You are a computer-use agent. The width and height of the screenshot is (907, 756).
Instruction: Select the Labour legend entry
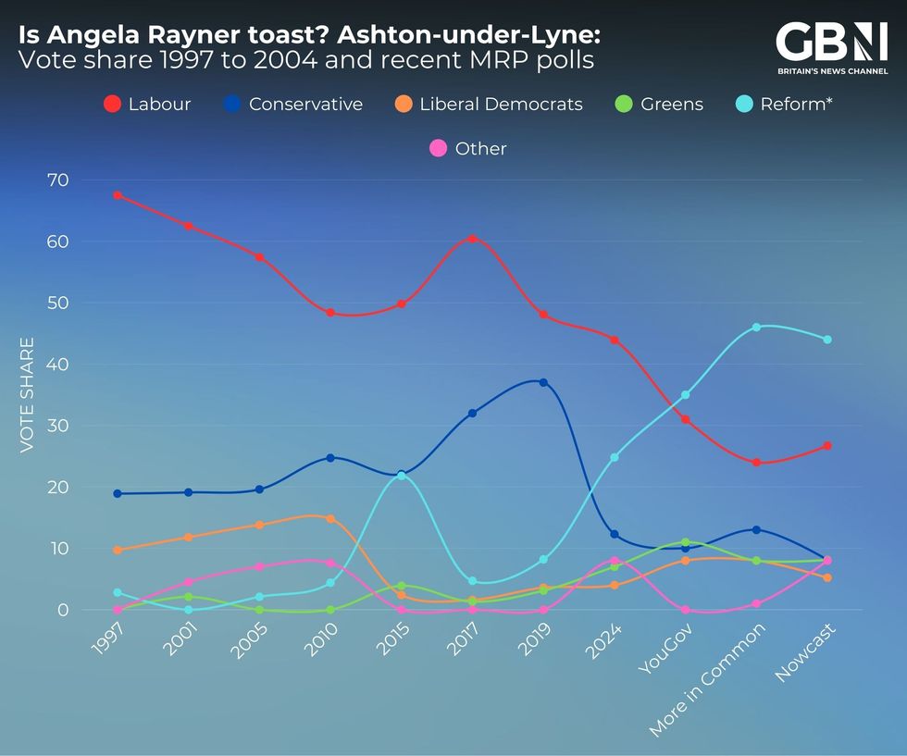147,104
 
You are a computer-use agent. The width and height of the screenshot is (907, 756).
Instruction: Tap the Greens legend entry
661,104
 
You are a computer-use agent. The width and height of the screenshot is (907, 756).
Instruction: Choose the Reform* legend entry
784,104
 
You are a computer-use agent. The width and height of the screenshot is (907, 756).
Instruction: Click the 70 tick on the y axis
57,180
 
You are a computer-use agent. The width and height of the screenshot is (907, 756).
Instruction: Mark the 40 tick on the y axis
57,364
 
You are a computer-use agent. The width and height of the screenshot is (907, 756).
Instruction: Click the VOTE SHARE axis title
27,394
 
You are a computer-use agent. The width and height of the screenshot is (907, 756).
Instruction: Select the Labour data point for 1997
118,195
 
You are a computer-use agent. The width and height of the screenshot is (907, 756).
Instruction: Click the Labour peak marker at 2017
472,239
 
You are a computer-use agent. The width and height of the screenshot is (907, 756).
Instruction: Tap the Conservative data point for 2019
543,382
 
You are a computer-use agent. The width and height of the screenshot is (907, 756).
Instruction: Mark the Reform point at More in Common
756,327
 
